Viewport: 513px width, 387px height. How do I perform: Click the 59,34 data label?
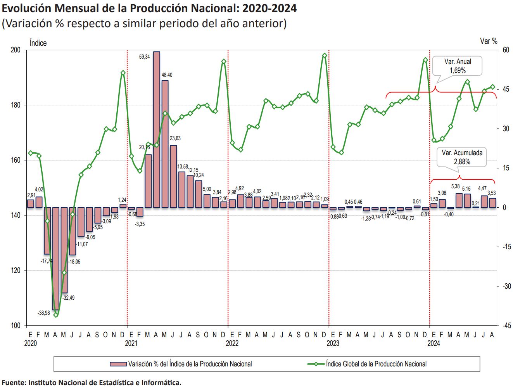145,57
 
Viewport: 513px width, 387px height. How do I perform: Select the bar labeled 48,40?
165,144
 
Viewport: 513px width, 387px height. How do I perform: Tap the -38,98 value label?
43,313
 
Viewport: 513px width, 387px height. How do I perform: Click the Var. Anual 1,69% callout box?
458,66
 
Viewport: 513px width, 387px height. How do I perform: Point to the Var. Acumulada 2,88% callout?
462,157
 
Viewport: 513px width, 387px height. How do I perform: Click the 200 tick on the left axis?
16,50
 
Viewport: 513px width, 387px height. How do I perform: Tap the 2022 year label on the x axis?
232,344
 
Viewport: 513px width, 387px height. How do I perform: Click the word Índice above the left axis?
38,43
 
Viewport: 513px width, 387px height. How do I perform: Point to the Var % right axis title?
488,41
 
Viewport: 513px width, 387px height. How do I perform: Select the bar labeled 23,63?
173,176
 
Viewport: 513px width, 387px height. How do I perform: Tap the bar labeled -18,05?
73,231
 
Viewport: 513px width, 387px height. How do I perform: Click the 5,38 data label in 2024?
455,187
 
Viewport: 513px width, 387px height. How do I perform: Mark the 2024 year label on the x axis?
434,344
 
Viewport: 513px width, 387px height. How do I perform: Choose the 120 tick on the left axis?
16,271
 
